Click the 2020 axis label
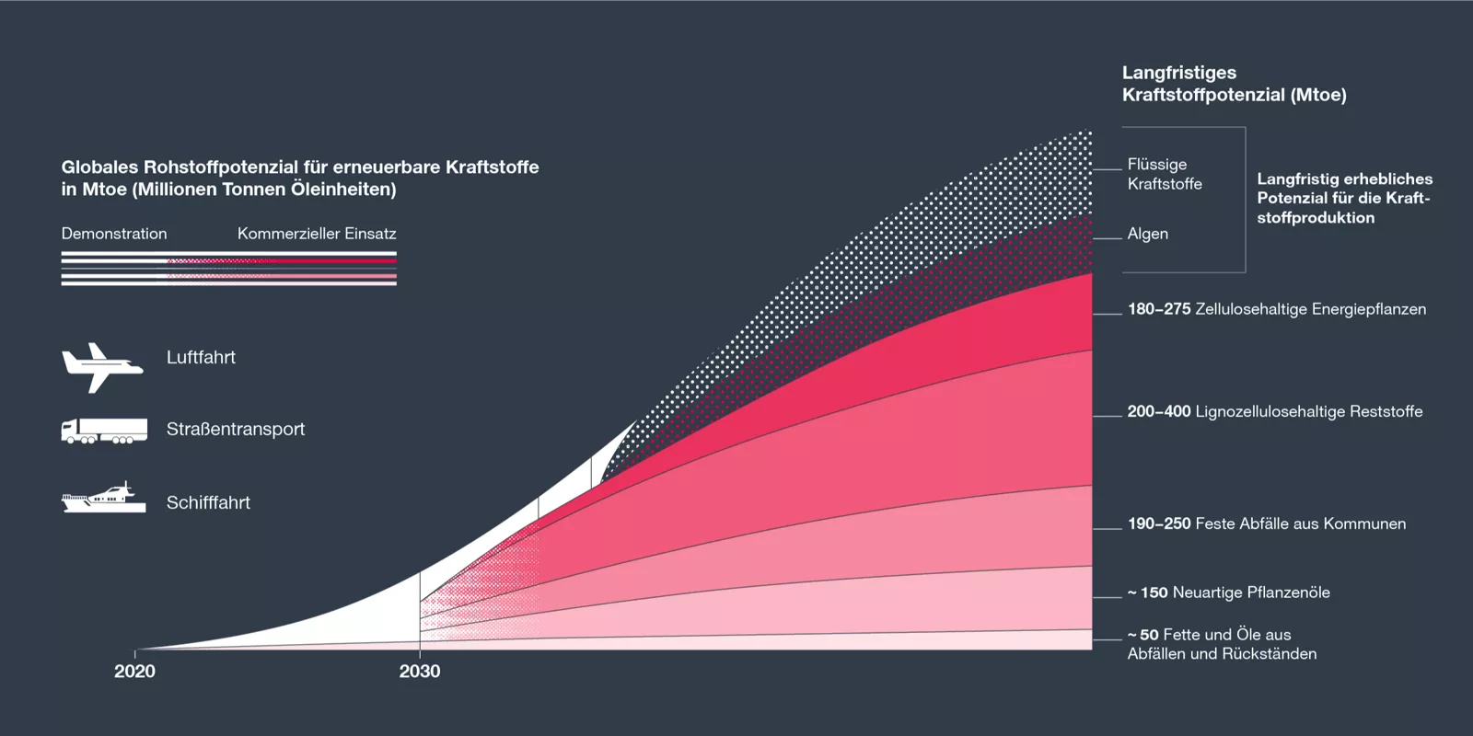tap(134, 672)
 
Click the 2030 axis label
tap(420, 672)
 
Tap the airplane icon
tap(101, 366)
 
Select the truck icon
tap(104, 431)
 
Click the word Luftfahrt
tap(201, 358)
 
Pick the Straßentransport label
tap(235, 430)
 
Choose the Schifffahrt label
tap(208, 503)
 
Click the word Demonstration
tap(114, 234)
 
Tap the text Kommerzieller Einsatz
tap(317, 234)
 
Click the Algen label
tap(1147, 234)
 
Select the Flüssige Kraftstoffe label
tap(1164, 174)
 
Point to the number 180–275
tap(1159, 309)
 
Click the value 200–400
tap(1159, 411)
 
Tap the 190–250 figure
tap(1159, 523)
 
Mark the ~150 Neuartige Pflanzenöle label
tap(1228, 592)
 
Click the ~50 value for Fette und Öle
tap(1143, 635)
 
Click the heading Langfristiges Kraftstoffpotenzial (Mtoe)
tap(1234, 84)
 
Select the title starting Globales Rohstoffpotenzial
tap(300, 178)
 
